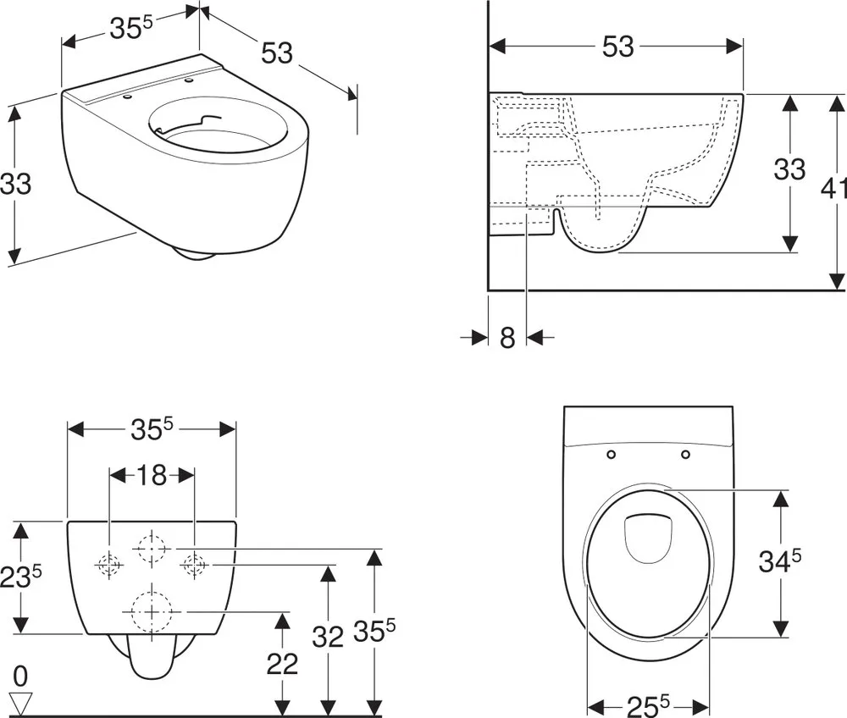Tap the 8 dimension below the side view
[507, 338]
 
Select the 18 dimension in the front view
[152, 475]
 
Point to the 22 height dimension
[282, 664]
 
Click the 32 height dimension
[327, 637]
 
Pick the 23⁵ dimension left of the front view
[20, 576]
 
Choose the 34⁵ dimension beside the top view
[779, 561]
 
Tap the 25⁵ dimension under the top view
[648, 705]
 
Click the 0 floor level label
[20, 676]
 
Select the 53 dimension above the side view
[618, 47]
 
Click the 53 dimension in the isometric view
[277, 52]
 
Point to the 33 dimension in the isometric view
[15, 184]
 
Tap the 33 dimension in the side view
[789, 169]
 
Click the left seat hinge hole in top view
[611, 455]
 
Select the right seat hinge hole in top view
[685, 455]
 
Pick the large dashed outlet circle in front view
[152, 611]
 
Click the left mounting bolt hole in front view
[109, 565]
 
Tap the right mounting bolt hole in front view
[195, 565]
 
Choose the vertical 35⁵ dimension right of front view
[374, 631]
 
